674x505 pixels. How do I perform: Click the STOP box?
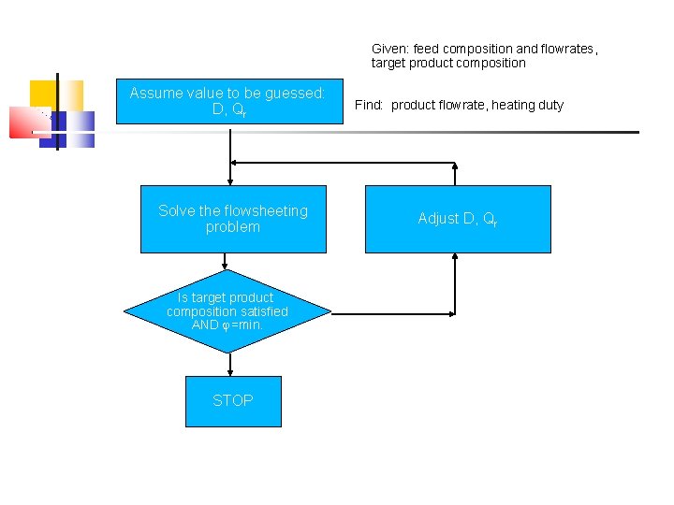233,401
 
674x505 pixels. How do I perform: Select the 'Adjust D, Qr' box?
457,219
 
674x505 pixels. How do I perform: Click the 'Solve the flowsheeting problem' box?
233,219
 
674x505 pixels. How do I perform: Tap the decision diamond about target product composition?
228,311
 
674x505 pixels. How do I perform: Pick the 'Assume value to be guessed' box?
228,101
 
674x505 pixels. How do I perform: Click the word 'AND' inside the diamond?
204,325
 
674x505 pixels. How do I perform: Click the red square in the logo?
28,123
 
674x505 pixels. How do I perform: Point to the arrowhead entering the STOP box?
229,371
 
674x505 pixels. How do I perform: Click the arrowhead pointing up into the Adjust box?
455,258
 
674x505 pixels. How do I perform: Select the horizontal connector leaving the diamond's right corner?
393,313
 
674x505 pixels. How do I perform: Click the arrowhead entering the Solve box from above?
229,180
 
